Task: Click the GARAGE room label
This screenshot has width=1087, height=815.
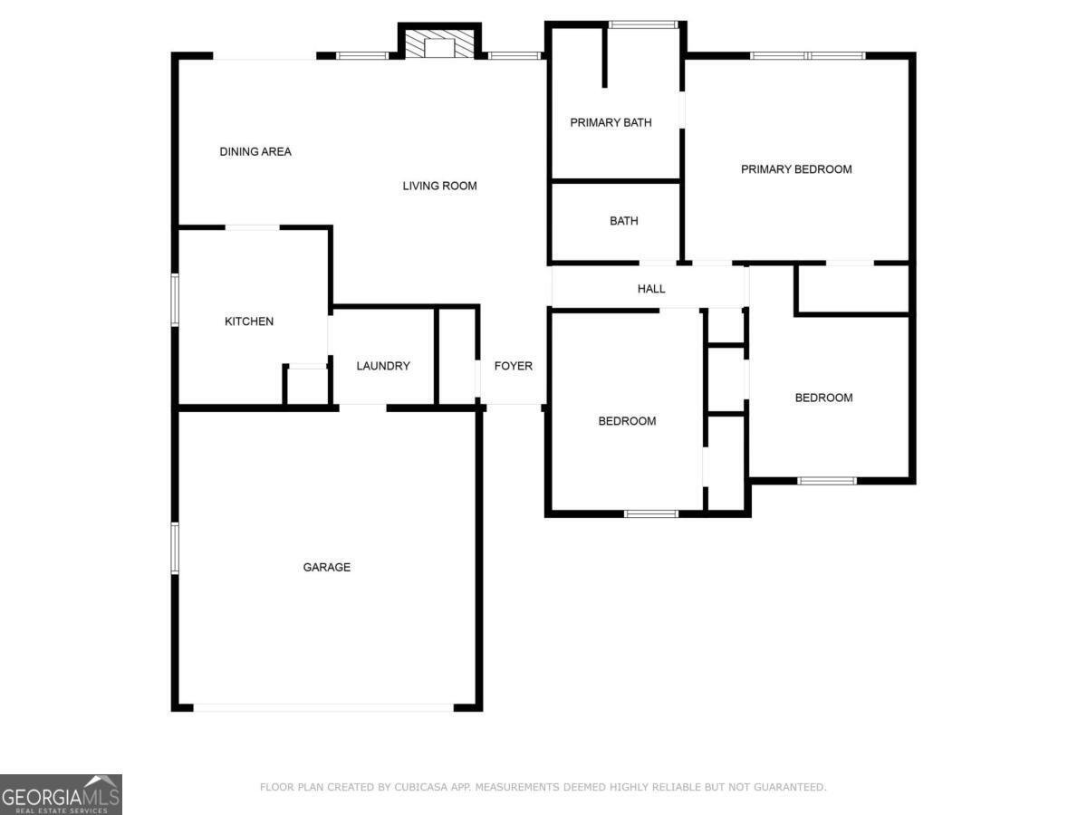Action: pyautogui.click(x=326, y=567)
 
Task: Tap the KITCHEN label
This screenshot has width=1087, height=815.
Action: pyautogui.click(x=249, y=321)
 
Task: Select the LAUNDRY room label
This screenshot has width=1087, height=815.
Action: pyautogui.click(x=383, y=366)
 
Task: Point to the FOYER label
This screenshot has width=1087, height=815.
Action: pyautogui.click(x=513, y=366)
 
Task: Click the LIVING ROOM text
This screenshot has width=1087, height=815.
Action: pyautogui.click(x=439, y=186)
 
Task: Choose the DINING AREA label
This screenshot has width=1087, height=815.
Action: pyautogui.click(x=255, y=151)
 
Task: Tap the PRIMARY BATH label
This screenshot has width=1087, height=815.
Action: pyautogui.click(x=611, y=122)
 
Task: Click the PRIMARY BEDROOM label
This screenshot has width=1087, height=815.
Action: pyautogui.click(x=796, y=168)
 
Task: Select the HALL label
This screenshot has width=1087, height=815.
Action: pyautogui.click(x=651, y=289)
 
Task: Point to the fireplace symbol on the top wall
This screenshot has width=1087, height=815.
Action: pyautogui.click(x=439, y=46)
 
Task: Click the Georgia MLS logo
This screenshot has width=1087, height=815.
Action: pyautogui.click(x=61, y=794)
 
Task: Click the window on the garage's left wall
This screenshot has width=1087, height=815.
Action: pyautogui.click(x=175, y=548)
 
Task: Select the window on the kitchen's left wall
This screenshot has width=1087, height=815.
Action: pyautogui.click(x=175, y=299)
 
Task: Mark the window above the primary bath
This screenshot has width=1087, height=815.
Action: pyautogui.click(x=643, y=24)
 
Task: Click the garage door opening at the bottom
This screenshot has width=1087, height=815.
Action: pyautogui.click(x=323, y=707)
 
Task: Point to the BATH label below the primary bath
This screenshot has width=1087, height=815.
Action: pyautogui.click(x=623, y=221)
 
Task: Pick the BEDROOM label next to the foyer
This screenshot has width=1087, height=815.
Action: pyautogui.click(x=627, y=421)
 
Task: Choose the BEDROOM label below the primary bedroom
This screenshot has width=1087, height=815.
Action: pyautogui.click(x=823, y=398)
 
